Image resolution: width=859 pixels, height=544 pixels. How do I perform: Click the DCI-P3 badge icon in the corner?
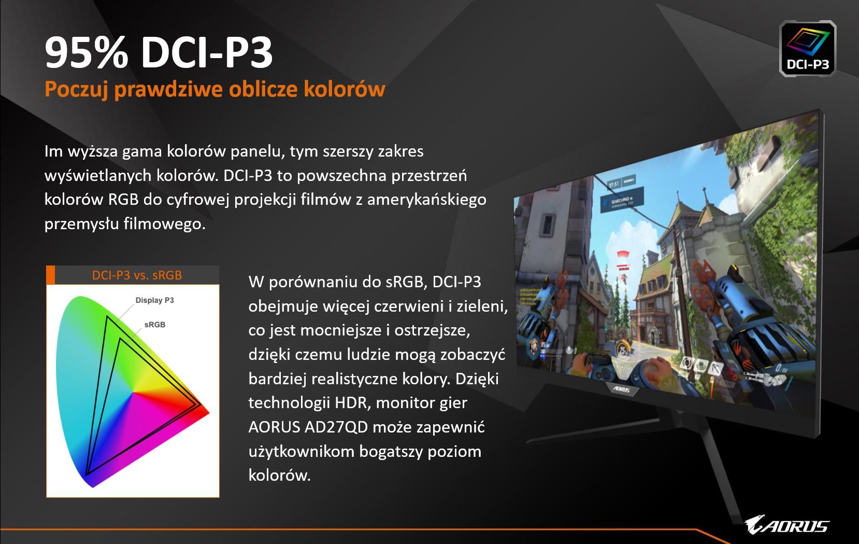808,48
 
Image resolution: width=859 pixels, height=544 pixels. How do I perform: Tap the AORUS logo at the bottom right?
787,525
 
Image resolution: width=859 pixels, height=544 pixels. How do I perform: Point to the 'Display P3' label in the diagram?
154,300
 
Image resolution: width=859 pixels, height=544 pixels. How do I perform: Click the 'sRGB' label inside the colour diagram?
155,325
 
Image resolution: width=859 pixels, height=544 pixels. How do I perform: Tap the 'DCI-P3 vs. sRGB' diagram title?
137,275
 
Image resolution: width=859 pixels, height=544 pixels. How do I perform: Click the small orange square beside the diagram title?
50,275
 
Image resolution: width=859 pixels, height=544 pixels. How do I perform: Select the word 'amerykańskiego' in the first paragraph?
427,200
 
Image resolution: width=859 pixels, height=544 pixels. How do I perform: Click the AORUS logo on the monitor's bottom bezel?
622,389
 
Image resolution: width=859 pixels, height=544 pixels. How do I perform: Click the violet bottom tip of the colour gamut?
93,485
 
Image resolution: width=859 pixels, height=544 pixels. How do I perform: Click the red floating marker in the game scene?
623,255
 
